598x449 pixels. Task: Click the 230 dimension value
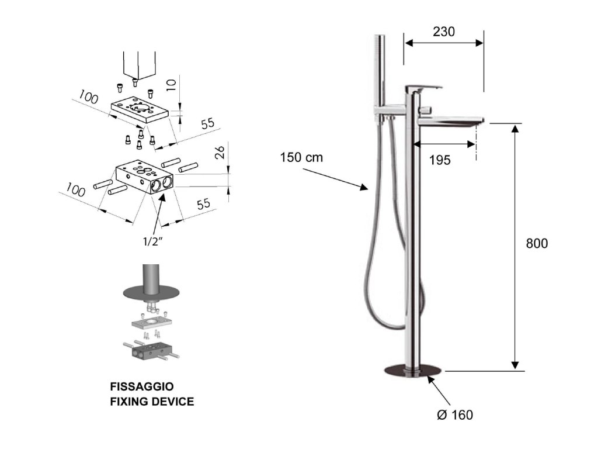click(x=444, y=32)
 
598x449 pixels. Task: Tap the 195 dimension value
click(x=440, y=160)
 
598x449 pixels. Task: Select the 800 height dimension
click(x=536, y=243)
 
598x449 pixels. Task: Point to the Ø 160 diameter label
click(x=455, y=415)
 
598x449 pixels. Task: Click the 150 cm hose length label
click(x=301, y=157)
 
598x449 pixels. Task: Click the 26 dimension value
click(x=219, y=153)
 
